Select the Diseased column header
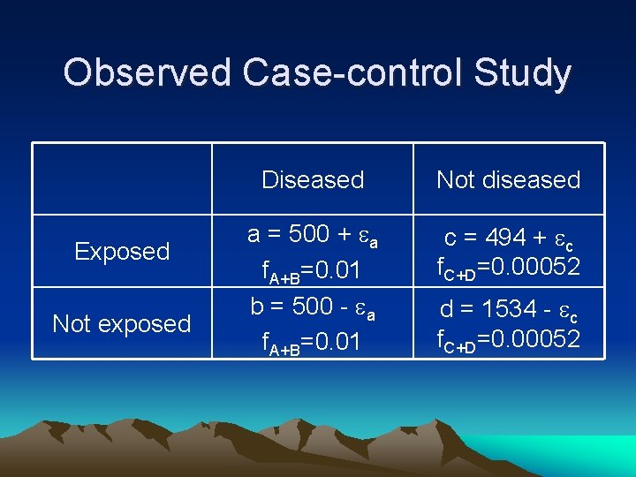pyautogui.click(x=313, y=180)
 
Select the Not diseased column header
pyautogui.click(x=509, y=180)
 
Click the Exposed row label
pyautogui.click(x=122, y=252)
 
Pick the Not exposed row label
pyautogui.click(x=122, y=324)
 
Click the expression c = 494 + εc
pyautogui.click(x=509, y=238)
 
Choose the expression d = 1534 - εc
pyautogui.click(x=509, y=309)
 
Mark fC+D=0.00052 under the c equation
pyautogui.click(x=509, y=266)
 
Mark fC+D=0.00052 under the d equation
pyautogui.click(x=509, y=338)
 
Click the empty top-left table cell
pyautogui.click(x=122, y=178)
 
